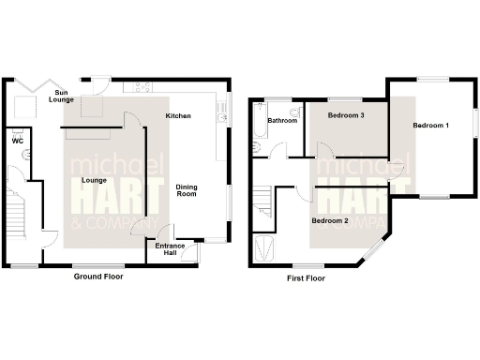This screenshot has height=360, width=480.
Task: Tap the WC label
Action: [16, 141]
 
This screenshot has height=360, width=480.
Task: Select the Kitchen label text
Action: [178, 115]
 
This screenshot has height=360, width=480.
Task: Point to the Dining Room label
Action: [187, 190]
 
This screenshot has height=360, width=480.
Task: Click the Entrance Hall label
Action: [170, 249]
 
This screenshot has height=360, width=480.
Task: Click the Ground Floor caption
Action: [98, 277]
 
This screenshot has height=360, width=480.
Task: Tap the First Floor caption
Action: [306, 278]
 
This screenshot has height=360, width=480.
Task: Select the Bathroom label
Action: [282, 121]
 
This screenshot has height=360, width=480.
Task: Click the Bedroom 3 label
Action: [345, 115]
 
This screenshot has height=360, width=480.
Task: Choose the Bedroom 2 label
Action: [330, 220]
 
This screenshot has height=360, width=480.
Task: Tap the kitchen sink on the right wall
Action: [222, 113]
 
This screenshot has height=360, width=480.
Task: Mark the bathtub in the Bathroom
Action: [259, 127]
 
